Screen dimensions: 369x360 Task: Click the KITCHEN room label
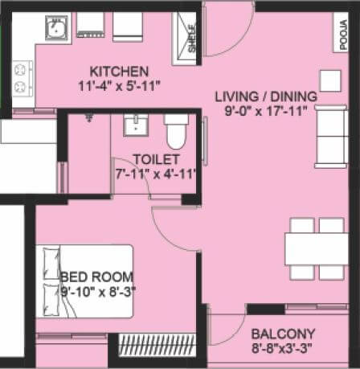[x=119, y=71]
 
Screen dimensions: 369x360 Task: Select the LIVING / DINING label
[x=266, y=97]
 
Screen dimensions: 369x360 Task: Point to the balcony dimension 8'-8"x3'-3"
[x=283, y=348]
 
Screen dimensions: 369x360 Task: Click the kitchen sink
[x=57, y=30]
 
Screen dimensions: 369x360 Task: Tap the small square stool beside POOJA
[x=330, y=80]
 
